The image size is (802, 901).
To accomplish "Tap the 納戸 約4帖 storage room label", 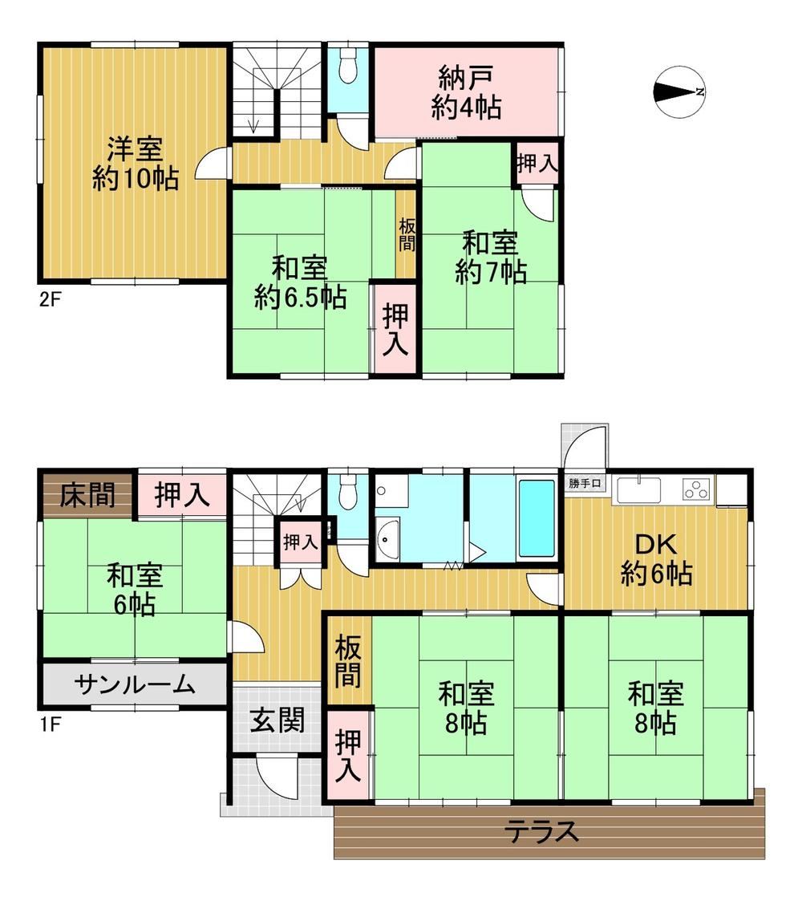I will tap(466, 93).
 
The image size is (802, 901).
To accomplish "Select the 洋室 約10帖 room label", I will tap(135, 163).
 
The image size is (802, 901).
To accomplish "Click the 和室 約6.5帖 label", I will tap(300, 282).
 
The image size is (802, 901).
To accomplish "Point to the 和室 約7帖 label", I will tap(490, 257).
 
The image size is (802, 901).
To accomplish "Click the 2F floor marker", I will tap(50, 301).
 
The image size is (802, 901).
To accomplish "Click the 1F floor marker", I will tap(50, 719).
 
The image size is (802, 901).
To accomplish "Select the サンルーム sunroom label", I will tap(135, 684).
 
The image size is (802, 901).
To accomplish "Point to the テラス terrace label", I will tap(542, 831).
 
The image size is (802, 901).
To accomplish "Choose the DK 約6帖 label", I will tap(657, 559).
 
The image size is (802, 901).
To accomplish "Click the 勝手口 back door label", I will tap(587, 483).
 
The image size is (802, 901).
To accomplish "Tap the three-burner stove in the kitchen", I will tap(697, 488).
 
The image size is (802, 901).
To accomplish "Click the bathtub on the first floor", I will tap(537, 517).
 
